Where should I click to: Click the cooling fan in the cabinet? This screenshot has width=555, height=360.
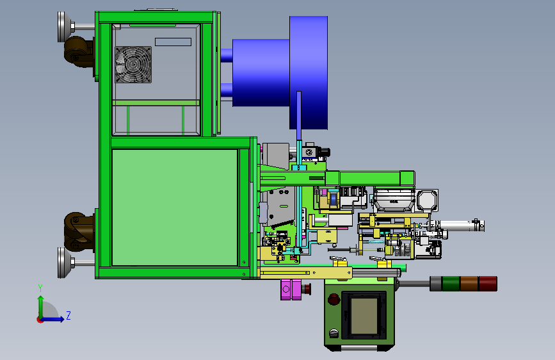coord(133,65)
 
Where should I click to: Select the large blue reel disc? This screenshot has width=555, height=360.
coord(309,72)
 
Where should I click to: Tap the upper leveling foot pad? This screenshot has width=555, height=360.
coord(61,27)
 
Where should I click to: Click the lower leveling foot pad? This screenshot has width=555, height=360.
coord(61,263)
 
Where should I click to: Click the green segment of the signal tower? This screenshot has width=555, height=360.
coord(451,284)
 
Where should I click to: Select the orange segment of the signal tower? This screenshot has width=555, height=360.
coord(469,284)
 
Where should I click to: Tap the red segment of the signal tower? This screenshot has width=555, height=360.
coord(488,284)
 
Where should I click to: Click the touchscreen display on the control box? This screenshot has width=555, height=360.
coord(364,315)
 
